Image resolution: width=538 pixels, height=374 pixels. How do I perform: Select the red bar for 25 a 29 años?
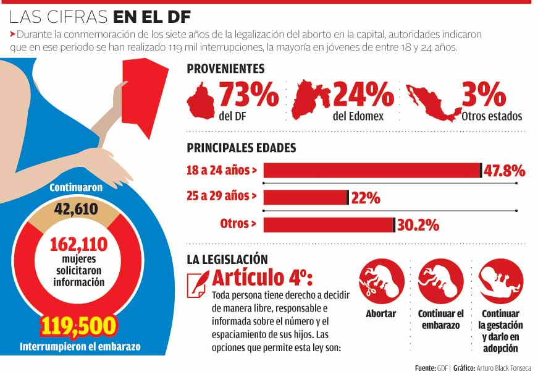(305, 197)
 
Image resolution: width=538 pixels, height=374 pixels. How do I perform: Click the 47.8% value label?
(504, 171)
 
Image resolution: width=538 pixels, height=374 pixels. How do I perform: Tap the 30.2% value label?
(418, 224)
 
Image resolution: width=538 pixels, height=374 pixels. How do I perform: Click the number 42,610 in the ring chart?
(77, 209)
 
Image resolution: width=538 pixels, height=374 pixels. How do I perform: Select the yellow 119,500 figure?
(79, 326)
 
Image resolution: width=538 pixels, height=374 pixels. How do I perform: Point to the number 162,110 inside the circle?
(78, 244)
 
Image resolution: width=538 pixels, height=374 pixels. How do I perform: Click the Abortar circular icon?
(381, 281)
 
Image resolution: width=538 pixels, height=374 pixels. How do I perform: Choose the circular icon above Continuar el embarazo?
(440, 281)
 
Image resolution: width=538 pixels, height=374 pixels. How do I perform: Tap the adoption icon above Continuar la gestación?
(500, 281)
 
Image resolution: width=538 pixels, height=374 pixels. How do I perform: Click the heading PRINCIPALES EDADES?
(242, 148)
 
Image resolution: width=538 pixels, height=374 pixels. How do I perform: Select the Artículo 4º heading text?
(263, 276)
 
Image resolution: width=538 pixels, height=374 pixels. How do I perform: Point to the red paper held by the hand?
(144, 96)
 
